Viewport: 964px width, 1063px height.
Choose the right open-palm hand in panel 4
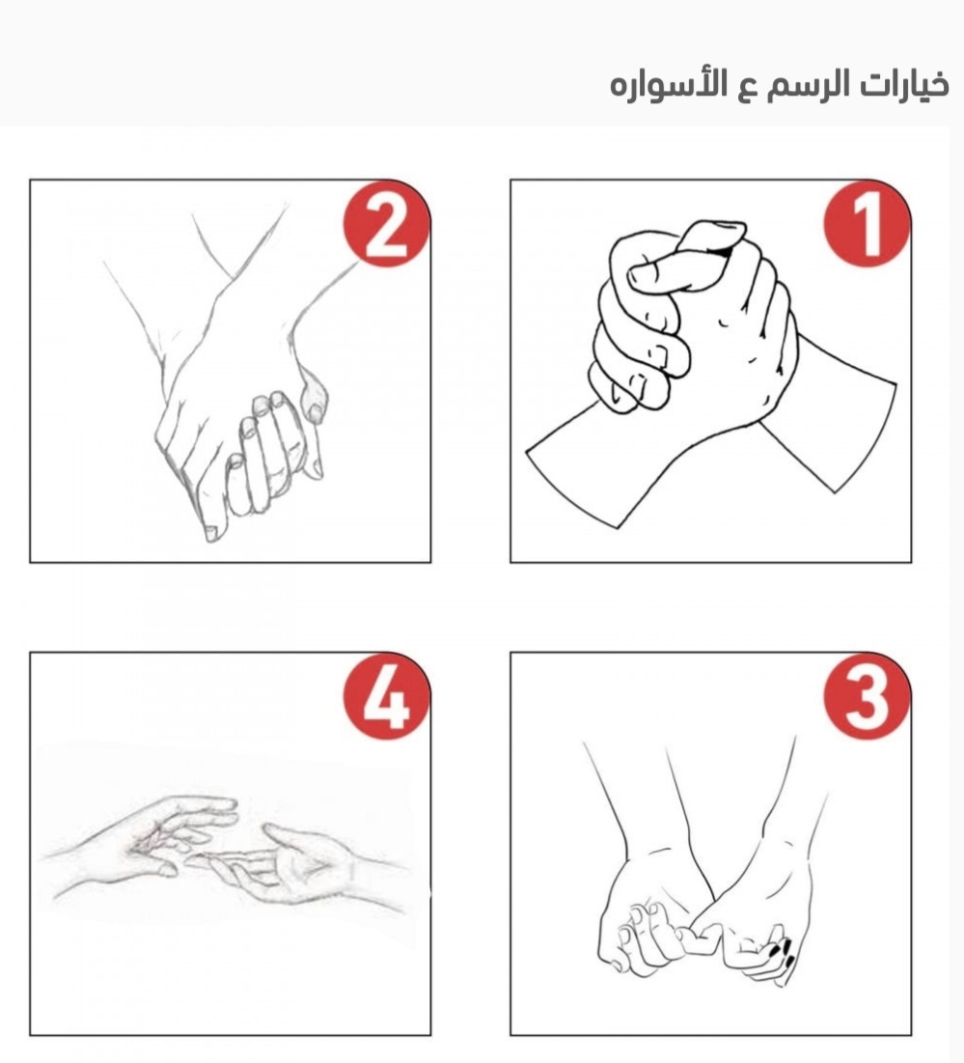(298, 864)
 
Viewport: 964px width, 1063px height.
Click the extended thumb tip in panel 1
(637, 274)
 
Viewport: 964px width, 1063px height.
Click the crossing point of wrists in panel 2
(234, 278)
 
